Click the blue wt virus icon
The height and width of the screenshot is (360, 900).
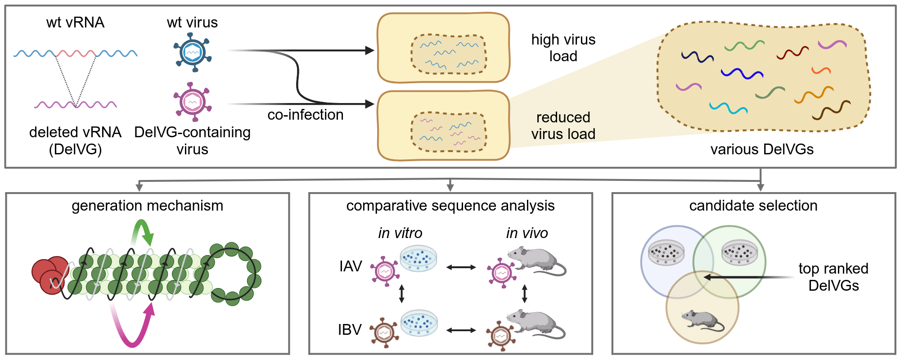point(193,53)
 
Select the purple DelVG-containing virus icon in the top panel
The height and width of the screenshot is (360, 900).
point(193,102)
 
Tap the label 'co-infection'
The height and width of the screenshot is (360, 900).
point(306,115)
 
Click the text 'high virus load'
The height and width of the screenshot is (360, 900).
point(563,48)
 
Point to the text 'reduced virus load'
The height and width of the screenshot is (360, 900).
point(563,126)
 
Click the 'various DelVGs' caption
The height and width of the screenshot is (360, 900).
point(762,149)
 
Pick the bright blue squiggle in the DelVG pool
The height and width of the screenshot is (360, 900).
point(742,73)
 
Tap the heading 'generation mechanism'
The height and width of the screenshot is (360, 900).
point(147,206)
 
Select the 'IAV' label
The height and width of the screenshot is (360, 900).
point(351,266)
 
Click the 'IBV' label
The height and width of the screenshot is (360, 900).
point(350,330)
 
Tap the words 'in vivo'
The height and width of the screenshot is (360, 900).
point(527,233)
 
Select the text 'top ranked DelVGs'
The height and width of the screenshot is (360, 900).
point(833,277)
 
